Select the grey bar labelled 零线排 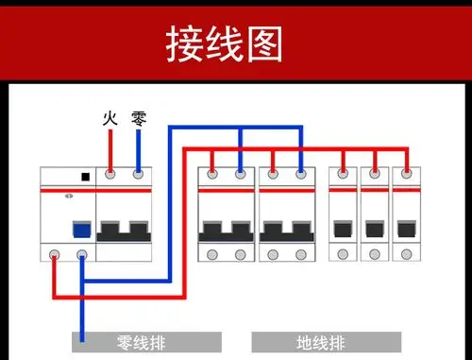click(x=146, y=341)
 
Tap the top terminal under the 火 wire click(x=110, y=175)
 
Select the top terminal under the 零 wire click(x=139, y=175)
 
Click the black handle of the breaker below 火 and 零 click(x=125, y=230)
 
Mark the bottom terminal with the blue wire click(x=82, y=254)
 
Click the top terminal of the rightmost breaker click(x=406, y=175)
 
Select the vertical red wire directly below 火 click(x=110, y=149)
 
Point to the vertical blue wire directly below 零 click(x=139, y=149)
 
